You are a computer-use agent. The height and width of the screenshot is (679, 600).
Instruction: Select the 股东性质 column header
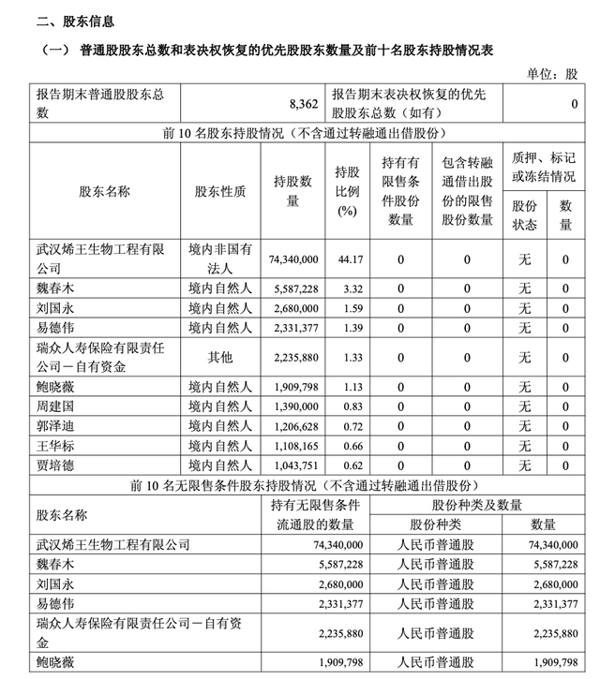[x=220, y=192]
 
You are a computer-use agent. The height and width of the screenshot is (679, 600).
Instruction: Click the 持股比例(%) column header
[x=347, y=191]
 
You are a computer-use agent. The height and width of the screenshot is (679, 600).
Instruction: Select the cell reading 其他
[x=220, y=357]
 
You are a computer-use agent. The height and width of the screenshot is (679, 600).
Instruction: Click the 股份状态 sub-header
[x=524, y=214]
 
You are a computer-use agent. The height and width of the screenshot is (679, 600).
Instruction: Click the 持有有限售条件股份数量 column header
[x=401, y=191]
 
